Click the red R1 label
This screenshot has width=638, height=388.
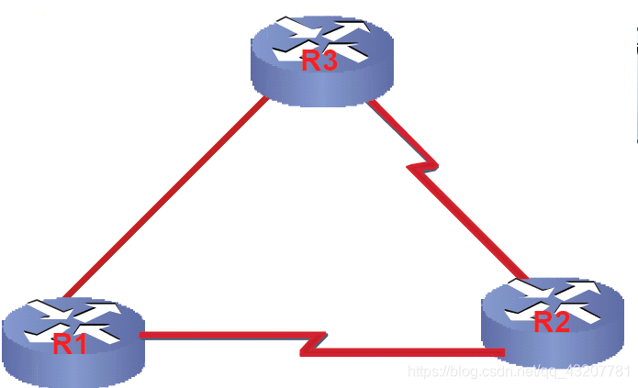(x=70, y=345)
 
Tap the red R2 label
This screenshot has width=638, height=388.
(x=553, y=322)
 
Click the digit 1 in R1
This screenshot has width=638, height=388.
(x=81, y=345)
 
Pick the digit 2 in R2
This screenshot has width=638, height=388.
(x=565, y=322)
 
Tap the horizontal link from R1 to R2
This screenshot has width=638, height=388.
(x=220, y=336)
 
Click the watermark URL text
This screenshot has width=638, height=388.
(x=519, y=371)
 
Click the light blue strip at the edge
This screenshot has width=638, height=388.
(x=635, y=83)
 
